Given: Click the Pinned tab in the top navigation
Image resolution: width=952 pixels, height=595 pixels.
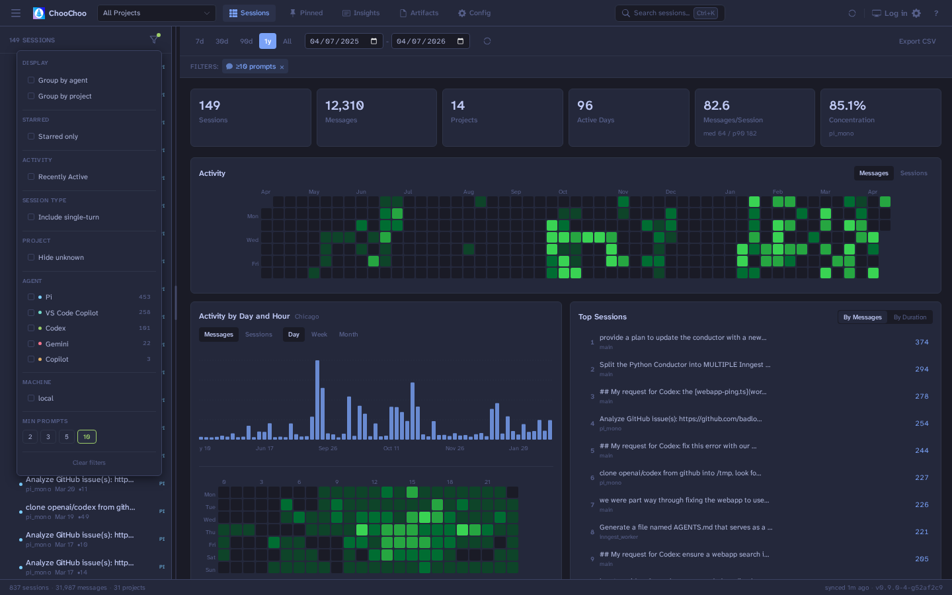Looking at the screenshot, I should pyautogui.click(x=306, y=13).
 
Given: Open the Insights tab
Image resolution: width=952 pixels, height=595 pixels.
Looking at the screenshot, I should pyautogui.click(x=361, y=13).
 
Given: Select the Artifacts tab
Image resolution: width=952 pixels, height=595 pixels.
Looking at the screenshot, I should pyautogui.click(x=419, y=13).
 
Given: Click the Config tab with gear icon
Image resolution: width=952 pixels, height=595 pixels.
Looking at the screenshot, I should pyautogui.click(x=474, y=13).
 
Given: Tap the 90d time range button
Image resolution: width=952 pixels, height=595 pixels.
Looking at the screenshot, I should pyautogui.click(x=246, y=42).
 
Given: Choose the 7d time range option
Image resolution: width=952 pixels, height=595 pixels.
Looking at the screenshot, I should pyautogui.click(x=200, y=42).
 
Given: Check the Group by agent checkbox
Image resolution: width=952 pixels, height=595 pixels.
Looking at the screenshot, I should pyautogui.click(x=31, y=81).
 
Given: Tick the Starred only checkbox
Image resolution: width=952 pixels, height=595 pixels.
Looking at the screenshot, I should pyautogui.click(x=31, y=137).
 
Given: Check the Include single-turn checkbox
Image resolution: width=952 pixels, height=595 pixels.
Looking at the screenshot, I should pyautogui.click(x=31, y=218).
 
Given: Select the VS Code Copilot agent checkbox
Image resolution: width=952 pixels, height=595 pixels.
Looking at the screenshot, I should pyautogui.click(x=31, y=313).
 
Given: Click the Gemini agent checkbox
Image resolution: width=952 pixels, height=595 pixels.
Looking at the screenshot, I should pyautogui.click(x=31, y=344).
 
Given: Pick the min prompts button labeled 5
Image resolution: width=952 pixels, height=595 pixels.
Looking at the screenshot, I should pyautogui.click(x=67, y=437).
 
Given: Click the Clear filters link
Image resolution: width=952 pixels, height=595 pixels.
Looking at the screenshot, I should pyautogui.click(x=89, y=463).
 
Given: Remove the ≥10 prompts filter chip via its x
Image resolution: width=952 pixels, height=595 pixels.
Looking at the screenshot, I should pyautogui.click(x=282, y=67).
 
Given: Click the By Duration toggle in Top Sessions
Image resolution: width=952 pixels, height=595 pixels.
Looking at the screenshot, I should pyautogui.click(x=910, y=317).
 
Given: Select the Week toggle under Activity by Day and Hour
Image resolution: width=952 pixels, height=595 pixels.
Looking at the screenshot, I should pyautogui.click(x=319, y=335).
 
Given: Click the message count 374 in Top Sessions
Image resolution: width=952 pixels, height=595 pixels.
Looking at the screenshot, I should pyautogui.click(x=922, y=342).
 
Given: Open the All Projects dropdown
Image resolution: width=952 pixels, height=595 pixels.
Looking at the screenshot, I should pyautogui.click(x=157, y=13).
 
